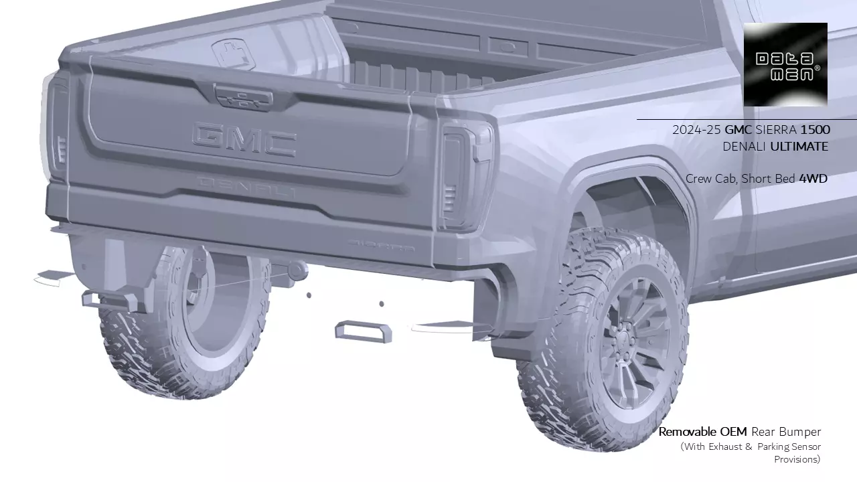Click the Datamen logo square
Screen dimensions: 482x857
(785, 64)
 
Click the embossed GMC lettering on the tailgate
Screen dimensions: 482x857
(244, 139)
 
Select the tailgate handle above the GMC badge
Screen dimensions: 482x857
(243, 98)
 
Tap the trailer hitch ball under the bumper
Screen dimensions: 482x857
(297, 270)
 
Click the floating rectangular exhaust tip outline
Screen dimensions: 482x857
(364, 331)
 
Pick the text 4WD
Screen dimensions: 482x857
(813, 179)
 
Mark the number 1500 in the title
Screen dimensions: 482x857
(815, 130)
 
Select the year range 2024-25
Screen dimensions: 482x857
(696, 130)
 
